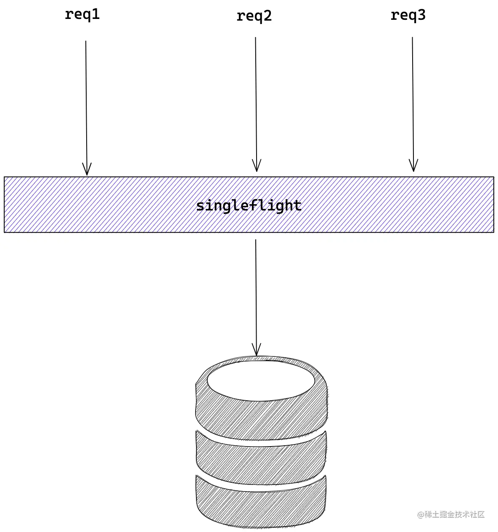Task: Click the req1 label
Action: click(82, 15)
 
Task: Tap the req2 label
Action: click(254, 16)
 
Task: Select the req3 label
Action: click(408, 16)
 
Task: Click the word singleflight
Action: click(249, 206)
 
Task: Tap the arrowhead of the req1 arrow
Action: click(87, 170)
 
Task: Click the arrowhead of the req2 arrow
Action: click(257, 166)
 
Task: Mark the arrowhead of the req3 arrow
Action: click(413, 166)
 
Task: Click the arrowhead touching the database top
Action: click(256, 351)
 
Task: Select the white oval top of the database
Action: click(261, 380)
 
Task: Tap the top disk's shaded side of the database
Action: click(261, 417)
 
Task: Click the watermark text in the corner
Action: click(451, 514)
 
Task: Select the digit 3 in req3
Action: click(421, 15)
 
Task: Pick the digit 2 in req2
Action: click(267, 16)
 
